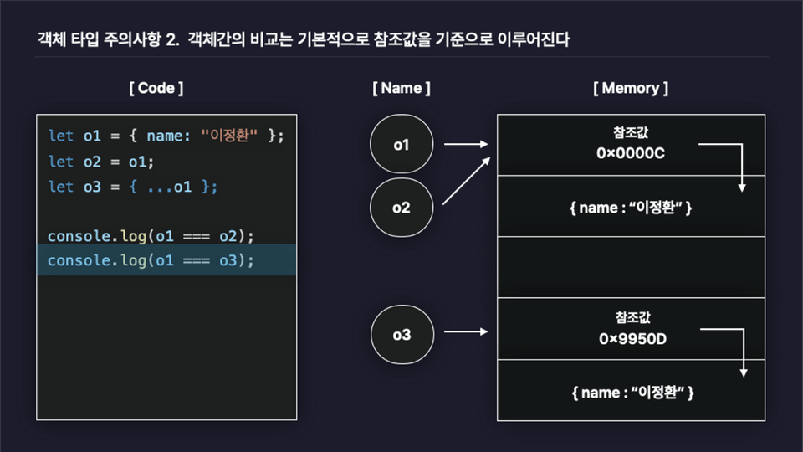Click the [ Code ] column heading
pos(156,88)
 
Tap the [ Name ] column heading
pos(401,88)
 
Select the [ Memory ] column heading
pos(631,88)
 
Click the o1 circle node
pos(401,145)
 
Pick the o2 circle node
pos(401,207)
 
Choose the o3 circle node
pos(401,335)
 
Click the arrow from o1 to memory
pos(465,145)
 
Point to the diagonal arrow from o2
pos(465,182)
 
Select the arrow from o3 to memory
pos(465,332)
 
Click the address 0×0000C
pos(632,153)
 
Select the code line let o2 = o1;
pos(101,161)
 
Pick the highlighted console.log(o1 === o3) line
pos(151,260)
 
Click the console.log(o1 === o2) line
pos(151,236)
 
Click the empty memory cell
pos(631,267)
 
